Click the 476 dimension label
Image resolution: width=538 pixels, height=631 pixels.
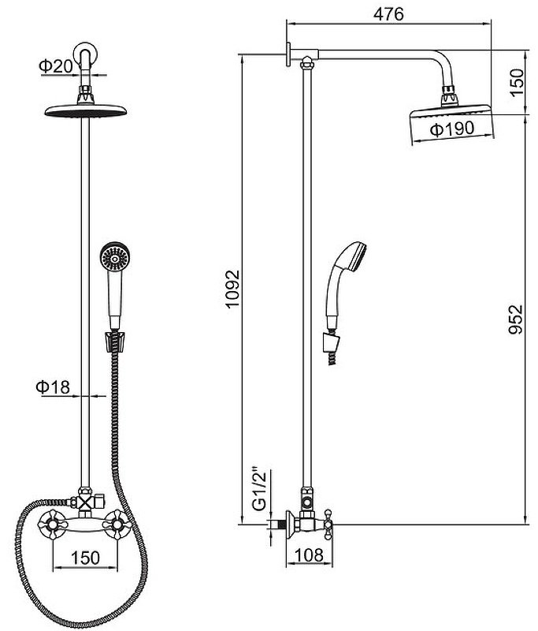click(388, 14)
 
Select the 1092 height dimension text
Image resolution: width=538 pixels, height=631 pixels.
click(232, 289)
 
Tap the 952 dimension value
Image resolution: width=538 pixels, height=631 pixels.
click(515, 319)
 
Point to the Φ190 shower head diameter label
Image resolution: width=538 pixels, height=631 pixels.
click(452, 129)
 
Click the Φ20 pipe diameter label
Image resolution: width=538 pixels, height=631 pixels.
click(56, 66)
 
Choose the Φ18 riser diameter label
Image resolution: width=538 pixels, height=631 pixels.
click(53, 386)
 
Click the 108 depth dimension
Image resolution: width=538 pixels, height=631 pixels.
click(309, 555)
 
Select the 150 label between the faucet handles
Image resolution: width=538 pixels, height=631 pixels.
click(85, 558)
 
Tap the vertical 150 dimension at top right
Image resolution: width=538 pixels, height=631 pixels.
click(517, 82)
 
